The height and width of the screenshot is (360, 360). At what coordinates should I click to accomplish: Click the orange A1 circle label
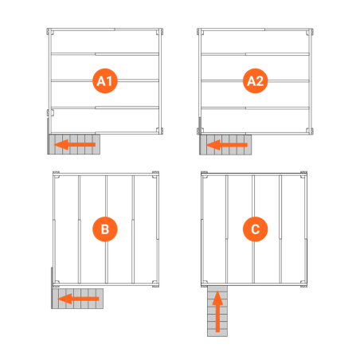(x=105, y=80)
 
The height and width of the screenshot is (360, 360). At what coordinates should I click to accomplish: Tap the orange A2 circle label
(x=255, y=80)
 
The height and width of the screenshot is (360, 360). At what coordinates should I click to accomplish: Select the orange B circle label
(x=105, y=229)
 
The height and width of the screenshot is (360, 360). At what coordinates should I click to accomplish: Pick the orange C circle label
(x=255, y=229)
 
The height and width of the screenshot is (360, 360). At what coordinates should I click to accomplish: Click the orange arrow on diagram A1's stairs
(x=75, y=144)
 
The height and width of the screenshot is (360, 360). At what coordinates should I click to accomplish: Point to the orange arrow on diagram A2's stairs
(x=227, y=145)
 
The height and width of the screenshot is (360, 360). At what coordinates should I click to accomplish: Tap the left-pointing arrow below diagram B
(x=78, y=299)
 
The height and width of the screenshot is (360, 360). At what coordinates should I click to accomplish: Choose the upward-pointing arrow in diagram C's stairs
(x=217, y=311)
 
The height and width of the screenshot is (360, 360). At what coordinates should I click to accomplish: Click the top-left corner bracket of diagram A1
(x=50, y=32)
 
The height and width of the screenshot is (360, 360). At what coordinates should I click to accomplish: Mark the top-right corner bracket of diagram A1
(x=159, y=32)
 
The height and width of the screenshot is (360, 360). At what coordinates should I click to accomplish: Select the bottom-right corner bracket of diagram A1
(x=159, y=131)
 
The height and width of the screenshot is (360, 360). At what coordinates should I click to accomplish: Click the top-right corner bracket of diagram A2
(x=310, y=32)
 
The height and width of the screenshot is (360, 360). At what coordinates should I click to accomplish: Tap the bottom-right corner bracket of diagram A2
(x=310, y=131)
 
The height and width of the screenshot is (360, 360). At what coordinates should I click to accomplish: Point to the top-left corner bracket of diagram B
(x=56, y=174)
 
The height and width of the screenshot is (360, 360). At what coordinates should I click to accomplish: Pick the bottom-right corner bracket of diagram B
(x=155, y=284)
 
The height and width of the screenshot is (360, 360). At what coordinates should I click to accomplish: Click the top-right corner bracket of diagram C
(x=303, y=174)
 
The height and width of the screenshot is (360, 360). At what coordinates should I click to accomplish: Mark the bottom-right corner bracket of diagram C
(x=303, y=284)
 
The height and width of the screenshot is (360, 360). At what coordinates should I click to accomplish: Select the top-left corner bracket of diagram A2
(x=201, y=32)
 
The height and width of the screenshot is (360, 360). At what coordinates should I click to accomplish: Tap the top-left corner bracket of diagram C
(x=204, y=174)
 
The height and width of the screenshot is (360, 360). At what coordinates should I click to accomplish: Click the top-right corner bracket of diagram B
(x=155, y=174)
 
